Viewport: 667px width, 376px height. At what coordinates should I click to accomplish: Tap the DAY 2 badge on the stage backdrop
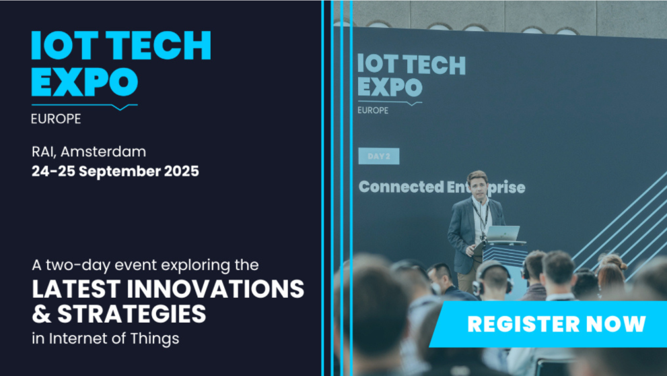point(378,156)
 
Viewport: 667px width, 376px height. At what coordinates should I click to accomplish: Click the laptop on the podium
point(503,234)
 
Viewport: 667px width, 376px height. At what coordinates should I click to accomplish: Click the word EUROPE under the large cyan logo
point(56,119)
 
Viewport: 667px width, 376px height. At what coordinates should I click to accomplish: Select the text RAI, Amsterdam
point(88,152)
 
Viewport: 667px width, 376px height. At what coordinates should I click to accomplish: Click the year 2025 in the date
point(181,171)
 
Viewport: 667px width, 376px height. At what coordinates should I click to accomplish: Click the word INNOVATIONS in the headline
point(215,289)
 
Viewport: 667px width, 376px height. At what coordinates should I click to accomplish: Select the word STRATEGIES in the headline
point(131,314)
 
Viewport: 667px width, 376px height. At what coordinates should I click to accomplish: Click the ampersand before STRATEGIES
point(41,314)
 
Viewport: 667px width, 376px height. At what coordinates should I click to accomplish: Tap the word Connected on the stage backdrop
point(401,187)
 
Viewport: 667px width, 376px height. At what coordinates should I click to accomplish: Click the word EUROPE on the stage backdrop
point(373,111)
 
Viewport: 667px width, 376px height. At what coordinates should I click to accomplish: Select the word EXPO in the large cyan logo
point(84,82)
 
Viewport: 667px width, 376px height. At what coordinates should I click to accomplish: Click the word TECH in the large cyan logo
point(158,45)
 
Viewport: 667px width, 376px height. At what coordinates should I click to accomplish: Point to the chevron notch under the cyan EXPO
point(120,107)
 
